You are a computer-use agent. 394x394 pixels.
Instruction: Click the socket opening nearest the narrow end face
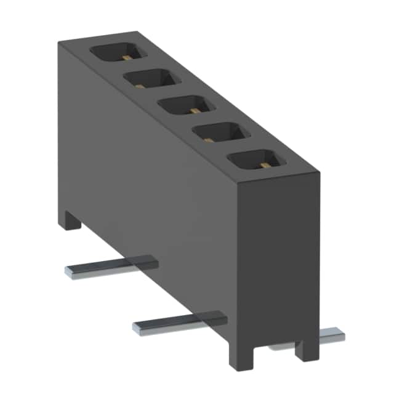257,159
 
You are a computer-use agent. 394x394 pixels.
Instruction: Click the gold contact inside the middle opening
195,111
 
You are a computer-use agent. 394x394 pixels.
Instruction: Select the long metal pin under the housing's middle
179,322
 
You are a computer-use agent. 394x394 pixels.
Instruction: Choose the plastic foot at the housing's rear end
71,220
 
